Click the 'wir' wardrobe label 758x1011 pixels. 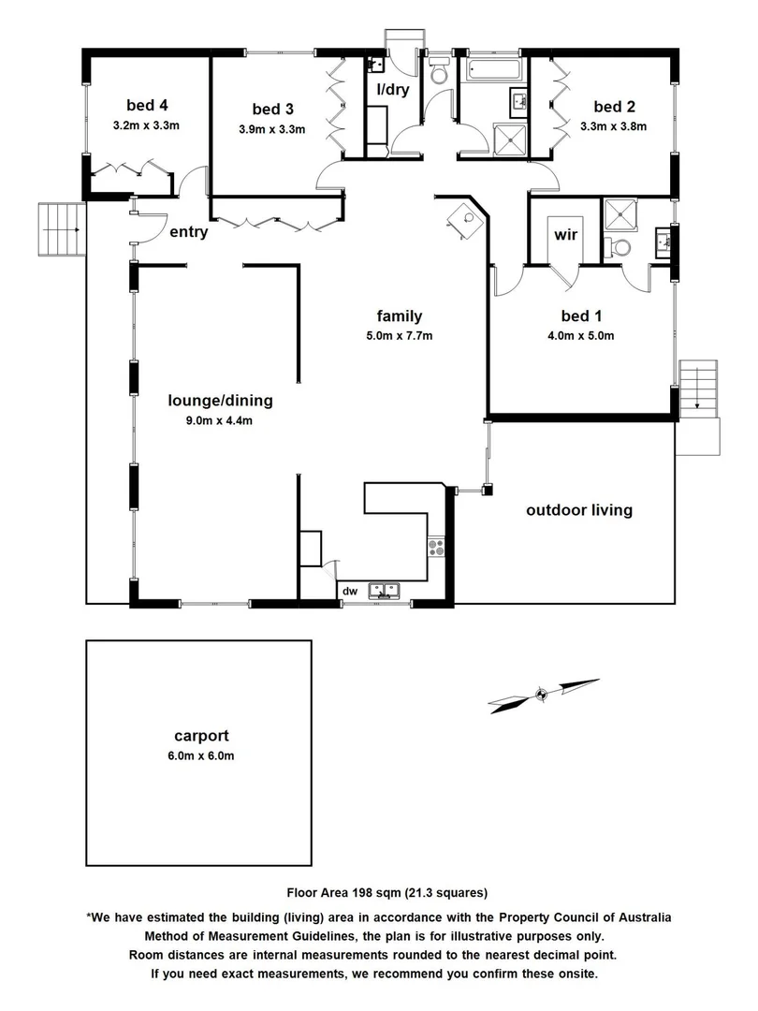click(564, 234)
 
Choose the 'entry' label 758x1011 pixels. click(187, 232)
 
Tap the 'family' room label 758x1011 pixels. click(400, 315)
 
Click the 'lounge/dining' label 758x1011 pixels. click(220, 401)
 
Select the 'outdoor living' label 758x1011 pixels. click(579, 510)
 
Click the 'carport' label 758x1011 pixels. click(201, 736)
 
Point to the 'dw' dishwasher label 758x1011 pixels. click(350, 591)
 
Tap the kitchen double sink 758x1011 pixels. click(385, 591)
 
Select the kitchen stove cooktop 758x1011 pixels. click(436, 546)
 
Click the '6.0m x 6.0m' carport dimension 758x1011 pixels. click(201, 755)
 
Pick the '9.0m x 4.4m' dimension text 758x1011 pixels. click(220, 420)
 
